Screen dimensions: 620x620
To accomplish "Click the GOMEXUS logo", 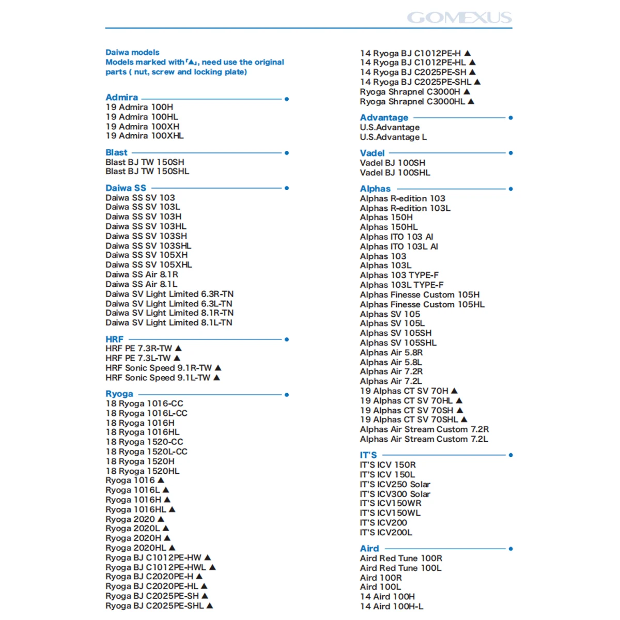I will point(459,18).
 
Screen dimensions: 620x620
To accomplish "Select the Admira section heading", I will point(122,97).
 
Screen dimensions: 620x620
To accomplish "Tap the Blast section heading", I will point(116,152).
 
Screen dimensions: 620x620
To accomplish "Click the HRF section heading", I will point(114,339).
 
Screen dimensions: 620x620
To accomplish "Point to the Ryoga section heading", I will point(119,394).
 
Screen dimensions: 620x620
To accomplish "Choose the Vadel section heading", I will point(372,153).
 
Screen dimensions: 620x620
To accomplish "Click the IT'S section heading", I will point(368,455).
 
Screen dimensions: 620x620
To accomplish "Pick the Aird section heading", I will point(369,549).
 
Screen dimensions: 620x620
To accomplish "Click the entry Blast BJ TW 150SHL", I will point(147,172).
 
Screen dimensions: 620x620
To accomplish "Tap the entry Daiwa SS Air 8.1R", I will point(142,274).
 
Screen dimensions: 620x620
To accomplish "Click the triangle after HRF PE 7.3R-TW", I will point(178,348).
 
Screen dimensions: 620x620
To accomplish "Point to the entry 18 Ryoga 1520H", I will point(140,461).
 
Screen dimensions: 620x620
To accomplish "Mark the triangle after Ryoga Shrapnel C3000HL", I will point(471,101).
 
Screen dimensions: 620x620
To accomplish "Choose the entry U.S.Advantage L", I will point(393,137).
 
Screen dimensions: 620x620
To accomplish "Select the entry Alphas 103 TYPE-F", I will point(399,275).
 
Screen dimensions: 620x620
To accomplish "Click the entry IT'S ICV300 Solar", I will point(395,494).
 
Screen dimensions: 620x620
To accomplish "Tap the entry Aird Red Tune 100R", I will point(401,559).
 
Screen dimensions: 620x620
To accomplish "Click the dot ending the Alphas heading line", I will point(510,189).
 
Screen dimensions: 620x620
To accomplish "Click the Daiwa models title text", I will point(132,52).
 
